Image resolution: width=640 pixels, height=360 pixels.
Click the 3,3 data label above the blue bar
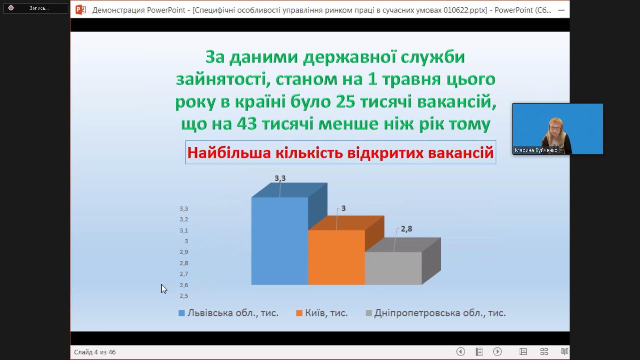click(280, 178)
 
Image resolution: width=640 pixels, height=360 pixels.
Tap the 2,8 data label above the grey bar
click(406, 229)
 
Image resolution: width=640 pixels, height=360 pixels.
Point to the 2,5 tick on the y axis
click(184, 296)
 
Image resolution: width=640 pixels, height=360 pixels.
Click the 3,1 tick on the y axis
click(184, 230)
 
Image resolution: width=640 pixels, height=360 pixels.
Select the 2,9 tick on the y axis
click(184, 252)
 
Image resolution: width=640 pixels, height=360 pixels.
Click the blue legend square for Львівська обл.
click(182, 313)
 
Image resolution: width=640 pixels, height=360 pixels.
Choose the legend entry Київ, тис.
click(326, 313)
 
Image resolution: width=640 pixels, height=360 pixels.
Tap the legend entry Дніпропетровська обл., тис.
click(440, 313)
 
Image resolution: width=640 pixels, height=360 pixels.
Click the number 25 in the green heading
click(346, 102)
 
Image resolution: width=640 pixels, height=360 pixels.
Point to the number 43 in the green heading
click(246, 124)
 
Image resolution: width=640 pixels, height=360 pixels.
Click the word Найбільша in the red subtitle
click(229, 152)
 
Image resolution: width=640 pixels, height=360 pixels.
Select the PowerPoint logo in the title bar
click(80, 10)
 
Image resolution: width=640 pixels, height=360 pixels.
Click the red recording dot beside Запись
click(11, 8)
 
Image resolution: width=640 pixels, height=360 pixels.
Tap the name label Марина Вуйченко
click(536, 150)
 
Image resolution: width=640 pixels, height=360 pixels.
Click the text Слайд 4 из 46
click(95, 352)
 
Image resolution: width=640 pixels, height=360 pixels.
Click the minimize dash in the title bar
click(561, 10)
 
